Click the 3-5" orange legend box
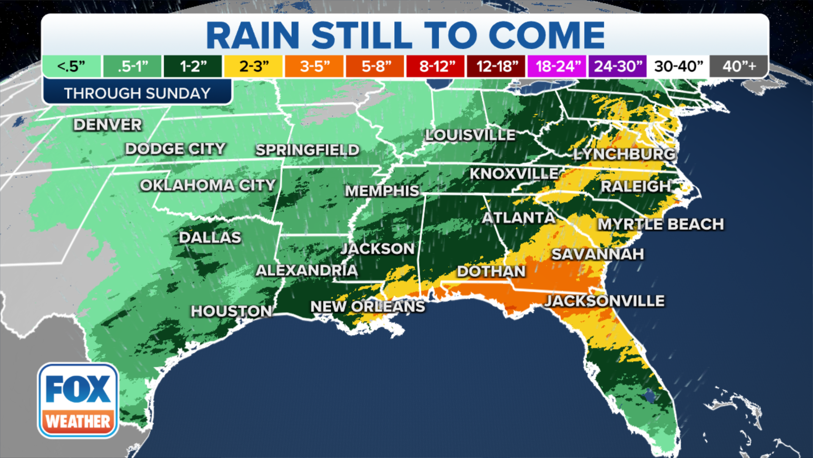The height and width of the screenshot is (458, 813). pyautogui.click(x=314, y=66)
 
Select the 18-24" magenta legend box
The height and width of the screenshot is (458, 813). pyautogui.click(x=557, y=66)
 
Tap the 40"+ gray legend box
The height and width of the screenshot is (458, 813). pyautogui.click(x=739, y=66)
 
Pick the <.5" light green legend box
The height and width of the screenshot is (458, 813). pyautogui.click(x=72, y=66)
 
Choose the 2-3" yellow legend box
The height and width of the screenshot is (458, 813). pyautogui.click(x=253, y=66)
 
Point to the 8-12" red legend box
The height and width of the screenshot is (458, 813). pyautogui.click(x=436, y=66)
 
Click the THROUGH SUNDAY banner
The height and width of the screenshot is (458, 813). pyautogui.click(x=137, y=93)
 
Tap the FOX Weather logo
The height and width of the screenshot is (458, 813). pyautogui.click(x=78, y=400)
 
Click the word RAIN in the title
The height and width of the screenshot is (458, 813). pyautogui.click(x=253, y=36)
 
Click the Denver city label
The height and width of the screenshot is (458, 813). pyautogui.click(x=108, y=125)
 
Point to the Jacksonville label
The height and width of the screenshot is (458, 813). pyautogui.click(x=604, y=301)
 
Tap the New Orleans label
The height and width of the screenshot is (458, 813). pyautogui.click(x=368, y=306)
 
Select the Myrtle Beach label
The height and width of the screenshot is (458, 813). pyautogui.click(x=661, y=224)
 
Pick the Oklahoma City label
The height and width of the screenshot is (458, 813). pyautogui.click(x=207, y=185)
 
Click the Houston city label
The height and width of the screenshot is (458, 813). pyautogui.click(x=231, y=311)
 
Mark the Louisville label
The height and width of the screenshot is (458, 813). pyautogui.click(x=470, y=135)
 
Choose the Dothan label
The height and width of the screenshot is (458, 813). pyautogui.click(x=491, y=271)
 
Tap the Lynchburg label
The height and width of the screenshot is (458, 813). pyautogui.click(x=624, y=154)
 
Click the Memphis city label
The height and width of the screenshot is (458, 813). pyautogui.click(x=382, y=191)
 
